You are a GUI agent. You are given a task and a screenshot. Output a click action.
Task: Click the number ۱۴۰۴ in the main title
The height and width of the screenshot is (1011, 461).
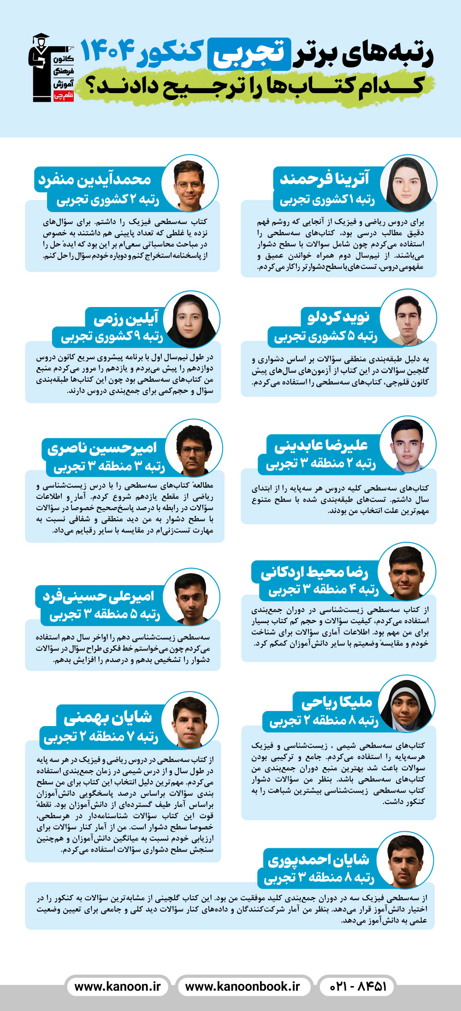109,51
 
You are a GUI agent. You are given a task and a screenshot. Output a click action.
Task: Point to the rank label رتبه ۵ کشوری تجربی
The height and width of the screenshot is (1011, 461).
325,337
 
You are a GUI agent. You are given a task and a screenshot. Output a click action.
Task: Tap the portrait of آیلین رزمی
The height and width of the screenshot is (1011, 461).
191,319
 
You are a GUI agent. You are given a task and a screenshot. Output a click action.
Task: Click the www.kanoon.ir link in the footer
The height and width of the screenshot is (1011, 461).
118,987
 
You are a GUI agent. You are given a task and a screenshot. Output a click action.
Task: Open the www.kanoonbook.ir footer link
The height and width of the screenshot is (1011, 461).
242,987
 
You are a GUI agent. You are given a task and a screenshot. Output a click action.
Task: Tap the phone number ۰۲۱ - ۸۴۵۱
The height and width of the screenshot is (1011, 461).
358,987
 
